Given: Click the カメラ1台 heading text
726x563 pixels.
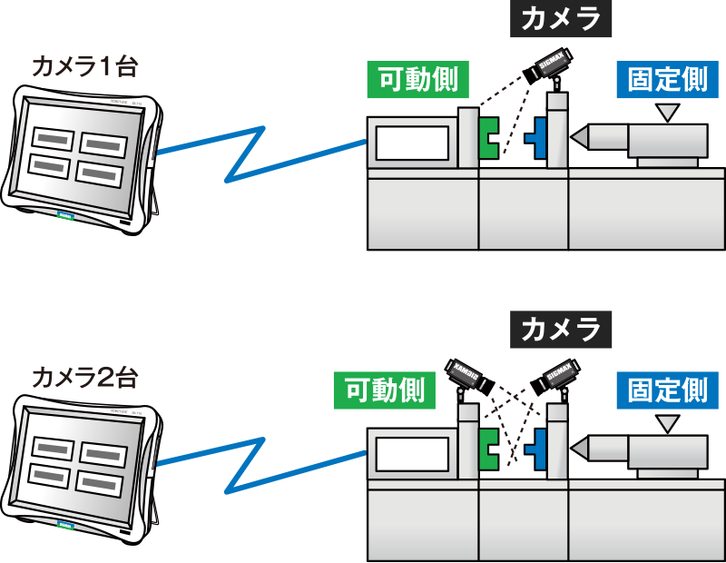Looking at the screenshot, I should [x=83, y=66].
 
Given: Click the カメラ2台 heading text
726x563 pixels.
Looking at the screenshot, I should [x=83, y=377].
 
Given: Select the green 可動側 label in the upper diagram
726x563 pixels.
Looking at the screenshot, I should [x=418, y=80].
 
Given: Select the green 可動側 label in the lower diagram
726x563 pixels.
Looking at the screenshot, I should [x=385, y=390].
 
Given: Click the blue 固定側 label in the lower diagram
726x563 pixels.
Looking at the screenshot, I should [x=667, y=390].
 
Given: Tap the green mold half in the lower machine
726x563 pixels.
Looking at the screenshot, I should [x=488, y=446].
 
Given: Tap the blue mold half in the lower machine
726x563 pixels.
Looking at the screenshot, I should [x=541, y=446].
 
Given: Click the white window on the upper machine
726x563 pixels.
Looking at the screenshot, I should [x=413, y=143].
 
